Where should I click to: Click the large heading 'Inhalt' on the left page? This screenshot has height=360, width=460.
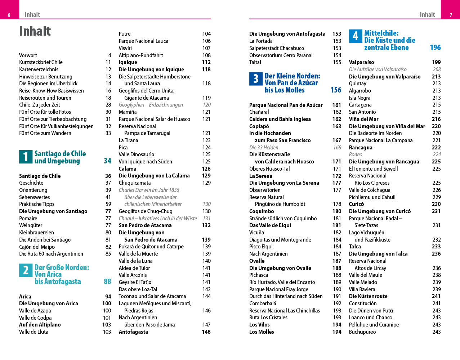coord(35,31)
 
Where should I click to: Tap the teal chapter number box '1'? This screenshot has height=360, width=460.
coord(26,157)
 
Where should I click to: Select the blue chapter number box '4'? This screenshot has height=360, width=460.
coord(355,36)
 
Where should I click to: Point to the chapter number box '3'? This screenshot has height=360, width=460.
coord(256,79)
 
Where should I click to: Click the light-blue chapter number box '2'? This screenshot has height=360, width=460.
coord(26,270)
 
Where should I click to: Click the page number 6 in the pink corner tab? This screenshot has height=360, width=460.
coord(9,15)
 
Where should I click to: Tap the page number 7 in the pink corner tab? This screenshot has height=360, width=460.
coord(451,15)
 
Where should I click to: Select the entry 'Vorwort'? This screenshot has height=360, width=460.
coord(28,55)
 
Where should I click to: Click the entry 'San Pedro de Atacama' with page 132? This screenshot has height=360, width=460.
coord(145,225)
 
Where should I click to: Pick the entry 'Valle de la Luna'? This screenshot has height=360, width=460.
coord(135,261)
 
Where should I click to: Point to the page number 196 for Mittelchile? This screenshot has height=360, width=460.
coord(435,48)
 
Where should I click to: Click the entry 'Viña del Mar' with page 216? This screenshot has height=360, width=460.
coord(363,119)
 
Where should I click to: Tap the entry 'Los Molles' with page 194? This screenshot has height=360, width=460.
coord(262,332)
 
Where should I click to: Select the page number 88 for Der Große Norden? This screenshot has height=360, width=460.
coord(107,282)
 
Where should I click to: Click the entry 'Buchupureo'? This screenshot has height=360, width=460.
coord(362,332)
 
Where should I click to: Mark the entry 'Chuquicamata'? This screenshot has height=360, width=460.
coord(135,183)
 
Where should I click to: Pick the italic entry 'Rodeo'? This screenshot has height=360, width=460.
coord(356,154)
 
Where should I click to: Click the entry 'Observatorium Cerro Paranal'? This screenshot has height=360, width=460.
coord(281,55)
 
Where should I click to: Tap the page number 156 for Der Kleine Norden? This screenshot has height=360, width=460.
coord(336,90)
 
